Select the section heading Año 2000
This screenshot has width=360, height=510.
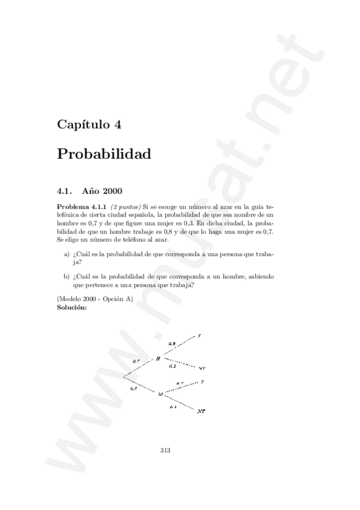(x=103, y=192)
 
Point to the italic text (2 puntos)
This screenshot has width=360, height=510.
(x=125, y=206)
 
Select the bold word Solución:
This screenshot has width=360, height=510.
(x=72, y=307)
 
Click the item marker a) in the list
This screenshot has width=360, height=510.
(x=66, y=254)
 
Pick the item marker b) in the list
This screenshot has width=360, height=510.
(x=66, y=278)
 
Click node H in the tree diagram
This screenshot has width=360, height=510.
(x=158, y=358)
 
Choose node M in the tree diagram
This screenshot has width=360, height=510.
(x=160, y=394)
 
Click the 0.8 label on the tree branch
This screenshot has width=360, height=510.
(x=172, y=344)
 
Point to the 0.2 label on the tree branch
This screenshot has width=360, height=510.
(x=172, y=366)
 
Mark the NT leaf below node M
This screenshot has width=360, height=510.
(x=201, y=411)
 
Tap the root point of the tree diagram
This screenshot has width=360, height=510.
(x=123, y=376)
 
